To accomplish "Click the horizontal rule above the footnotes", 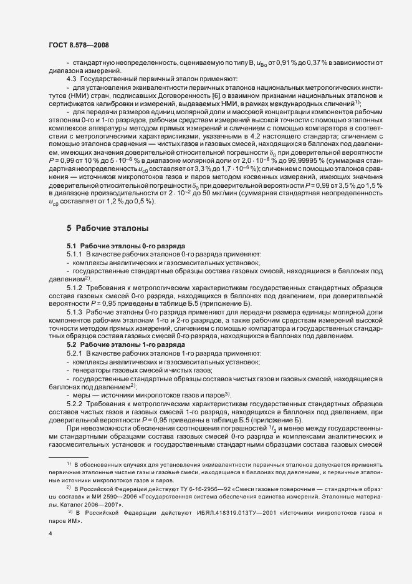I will [68, 457].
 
